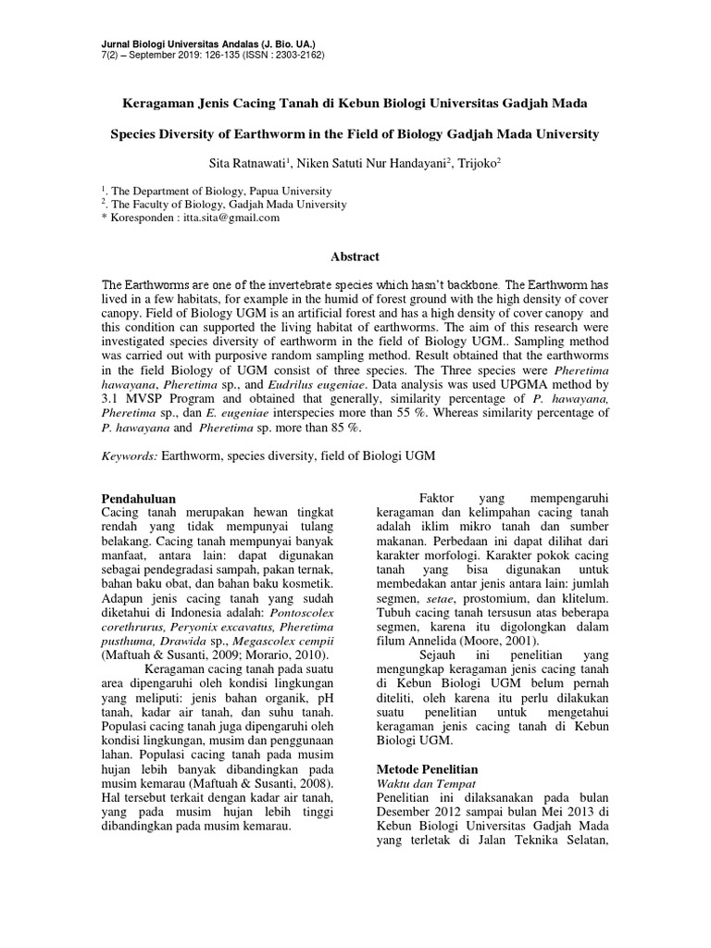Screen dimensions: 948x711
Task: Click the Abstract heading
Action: [x=355, y=256]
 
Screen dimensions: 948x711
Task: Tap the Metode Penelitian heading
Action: [x=426, y=770]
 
